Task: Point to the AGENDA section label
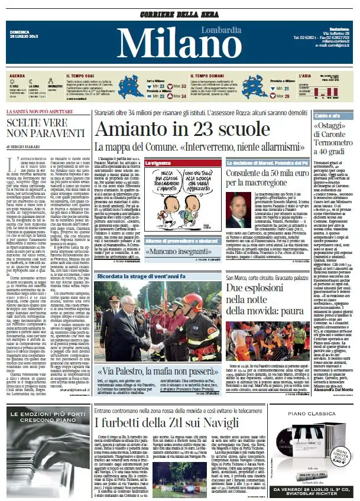point(17,76)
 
